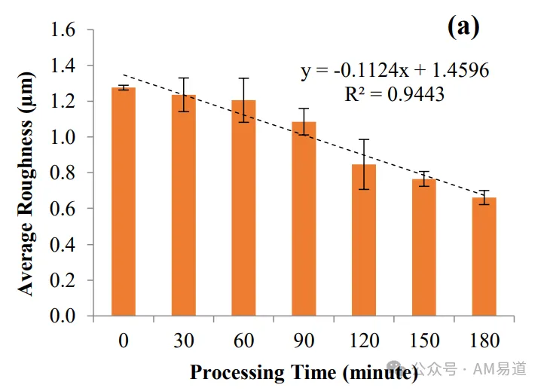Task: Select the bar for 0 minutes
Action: [x=124, y=202]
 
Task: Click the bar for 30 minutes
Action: [x=184, y=206]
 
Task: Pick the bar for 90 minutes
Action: [x=304, y=219]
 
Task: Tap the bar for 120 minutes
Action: [x=364, y=240]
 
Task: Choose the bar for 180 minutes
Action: [x=484, y=257]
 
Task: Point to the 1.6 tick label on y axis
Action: [x=63, y=29]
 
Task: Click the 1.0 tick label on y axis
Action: [x=63, y=137]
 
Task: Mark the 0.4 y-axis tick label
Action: [x=63, y=245]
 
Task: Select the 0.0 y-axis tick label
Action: [x=63, y=316]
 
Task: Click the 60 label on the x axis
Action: [x=243, y=341]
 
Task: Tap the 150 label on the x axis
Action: [x=424, y=341]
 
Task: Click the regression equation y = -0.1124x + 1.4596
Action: [x=395, y=71]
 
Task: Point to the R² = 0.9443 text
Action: [x=395, y=94]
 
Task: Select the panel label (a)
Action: [x=463, y=26]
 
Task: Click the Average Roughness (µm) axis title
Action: [x=26, y=184]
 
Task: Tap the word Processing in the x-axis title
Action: [x=237, y=373]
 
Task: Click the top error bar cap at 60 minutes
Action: [x=244, y=78]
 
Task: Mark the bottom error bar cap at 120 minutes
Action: [x=364, y=189]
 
